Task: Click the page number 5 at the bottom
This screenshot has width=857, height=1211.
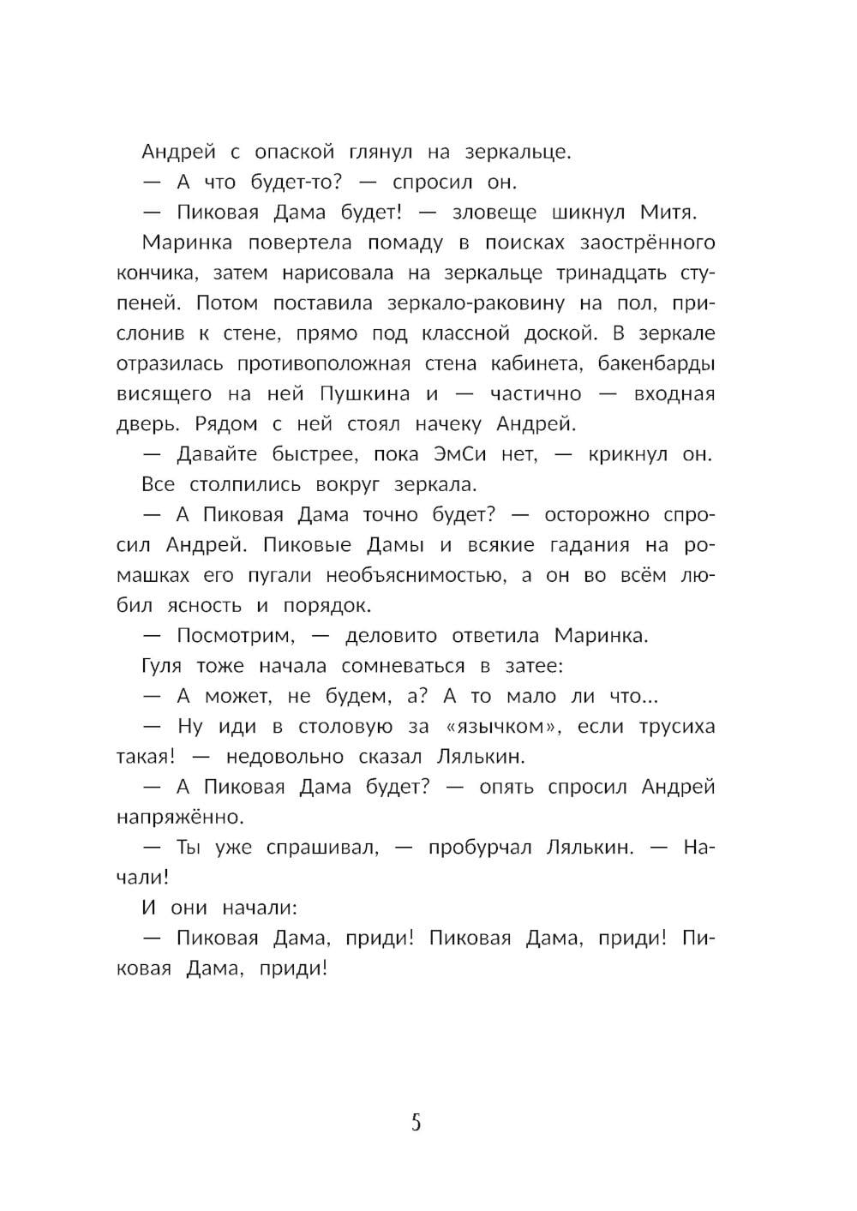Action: coord(417,1123)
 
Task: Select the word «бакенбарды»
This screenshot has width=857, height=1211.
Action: coord(652,363)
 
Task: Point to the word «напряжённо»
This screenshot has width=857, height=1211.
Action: coord(181,817)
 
